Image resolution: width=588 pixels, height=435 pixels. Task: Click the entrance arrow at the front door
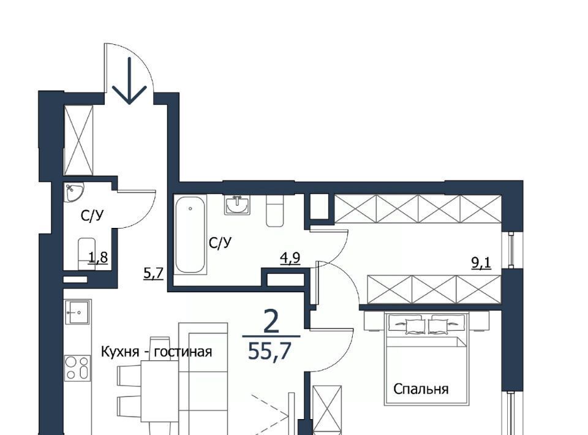[x=129, y=80]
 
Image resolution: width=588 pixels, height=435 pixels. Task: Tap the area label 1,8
[x=98, y=257]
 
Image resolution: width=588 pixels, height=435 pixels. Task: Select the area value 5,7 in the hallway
[x=154, y=273]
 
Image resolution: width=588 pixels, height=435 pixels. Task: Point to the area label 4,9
[x=290, y=259]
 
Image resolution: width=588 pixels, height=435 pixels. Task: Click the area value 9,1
[x=481, y=263]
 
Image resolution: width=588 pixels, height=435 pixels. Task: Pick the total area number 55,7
[x=269, y=352]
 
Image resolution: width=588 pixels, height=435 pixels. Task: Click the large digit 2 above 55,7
[x=271, y=322]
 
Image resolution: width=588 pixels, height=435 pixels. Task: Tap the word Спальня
[x=421, y=389]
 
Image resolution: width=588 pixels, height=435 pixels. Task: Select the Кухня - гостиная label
[x=157, y=352]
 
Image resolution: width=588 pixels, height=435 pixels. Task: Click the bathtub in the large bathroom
[x=190, y=235]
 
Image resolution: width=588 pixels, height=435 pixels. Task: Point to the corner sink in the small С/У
[x=73, y=192]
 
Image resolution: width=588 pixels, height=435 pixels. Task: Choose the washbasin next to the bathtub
[x=237, y=205]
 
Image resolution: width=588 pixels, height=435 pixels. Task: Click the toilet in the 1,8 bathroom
[x=87, y=253]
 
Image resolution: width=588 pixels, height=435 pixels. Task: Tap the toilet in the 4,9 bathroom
[x=275, y=211]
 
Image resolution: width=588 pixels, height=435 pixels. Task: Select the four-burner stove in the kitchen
[x=77, y=368]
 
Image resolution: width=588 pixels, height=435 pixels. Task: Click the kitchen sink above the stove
[x=78, y=312]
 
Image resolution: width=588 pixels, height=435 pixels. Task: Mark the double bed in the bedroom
[x=427, y=359]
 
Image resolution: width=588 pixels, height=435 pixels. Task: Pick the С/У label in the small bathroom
[x=92, y=216]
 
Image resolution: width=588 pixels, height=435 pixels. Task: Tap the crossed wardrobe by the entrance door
[x=78, y=140]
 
